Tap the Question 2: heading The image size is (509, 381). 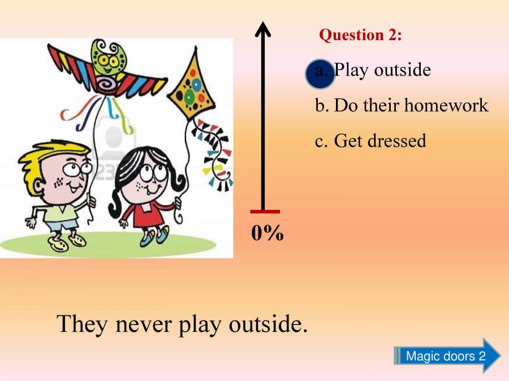[361, 35]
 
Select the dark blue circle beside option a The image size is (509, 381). [320, 75]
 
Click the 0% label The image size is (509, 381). [267, 233]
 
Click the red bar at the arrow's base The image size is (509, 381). [265, 212]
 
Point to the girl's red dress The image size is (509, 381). [144, 213]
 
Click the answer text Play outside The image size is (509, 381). [382, 70]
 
